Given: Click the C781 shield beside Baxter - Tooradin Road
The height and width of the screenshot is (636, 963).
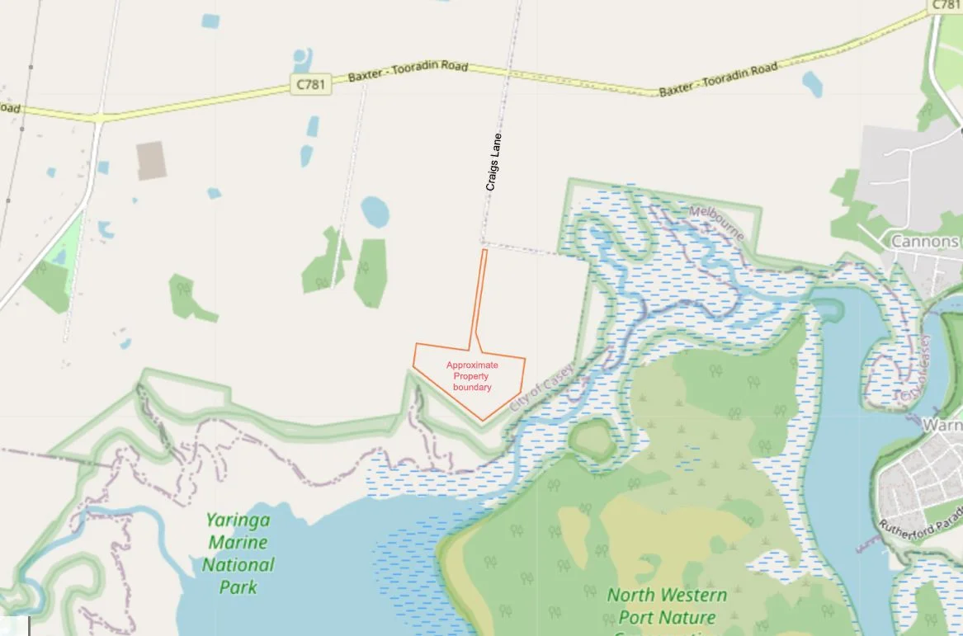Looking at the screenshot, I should (310, 85).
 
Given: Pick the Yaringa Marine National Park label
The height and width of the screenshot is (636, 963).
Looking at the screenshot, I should (238, 554).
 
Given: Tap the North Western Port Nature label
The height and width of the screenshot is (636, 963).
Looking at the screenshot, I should (667, 605).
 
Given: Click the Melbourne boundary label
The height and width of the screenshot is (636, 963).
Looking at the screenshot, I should (717, 222).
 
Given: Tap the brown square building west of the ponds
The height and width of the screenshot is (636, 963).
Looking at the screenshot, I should (151, 160).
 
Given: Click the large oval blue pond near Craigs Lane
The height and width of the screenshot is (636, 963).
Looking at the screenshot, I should (375, 212).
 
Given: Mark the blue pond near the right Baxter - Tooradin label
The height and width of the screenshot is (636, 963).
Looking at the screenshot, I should (813, 83).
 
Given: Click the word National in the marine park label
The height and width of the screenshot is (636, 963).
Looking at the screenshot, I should (238, 565).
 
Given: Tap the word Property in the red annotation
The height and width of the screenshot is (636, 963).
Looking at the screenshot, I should (472, 376).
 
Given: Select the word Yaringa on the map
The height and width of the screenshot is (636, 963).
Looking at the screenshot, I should (239, 521).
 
